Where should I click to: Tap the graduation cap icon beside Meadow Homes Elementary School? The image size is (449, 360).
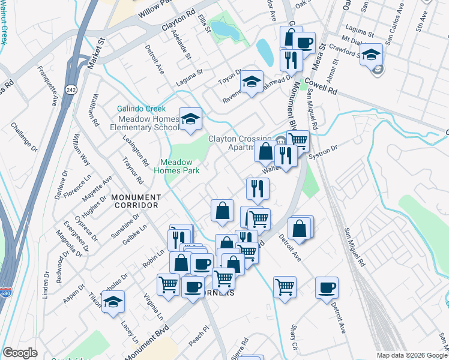pos(190,119)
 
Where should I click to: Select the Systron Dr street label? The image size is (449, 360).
pos(323,151)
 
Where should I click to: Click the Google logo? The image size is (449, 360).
pos(20,353)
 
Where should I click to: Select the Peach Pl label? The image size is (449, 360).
pos(197,333)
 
